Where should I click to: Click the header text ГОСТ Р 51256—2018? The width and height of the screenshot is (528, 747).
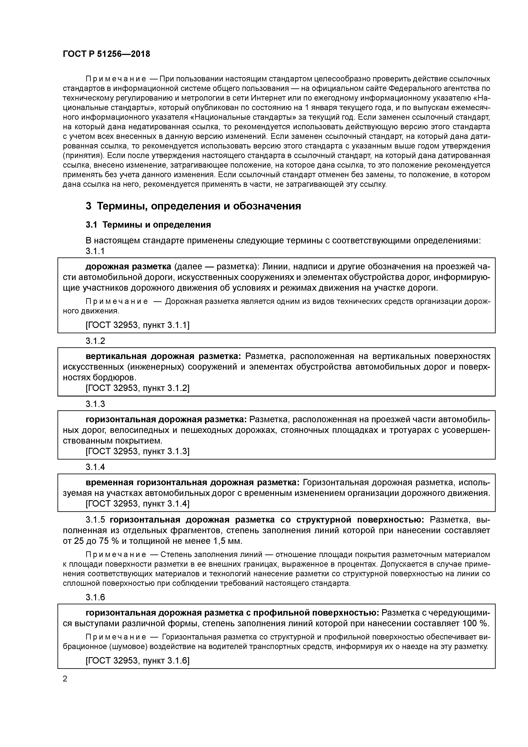click(x=106, y=54)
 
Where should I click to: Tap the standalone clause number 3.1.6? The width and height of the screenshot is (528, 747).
click(x=95, y=597)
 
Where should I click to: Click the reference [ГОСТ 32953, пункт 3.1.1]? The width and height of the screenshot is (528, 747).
click(x=137, y=325)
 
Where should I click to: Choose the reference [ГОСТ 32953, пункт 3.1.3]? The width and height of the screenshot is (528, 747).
click(x=137, y=451)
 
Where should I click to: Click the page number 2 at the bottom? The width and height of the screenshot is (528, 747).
click(x=65, y=679)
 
